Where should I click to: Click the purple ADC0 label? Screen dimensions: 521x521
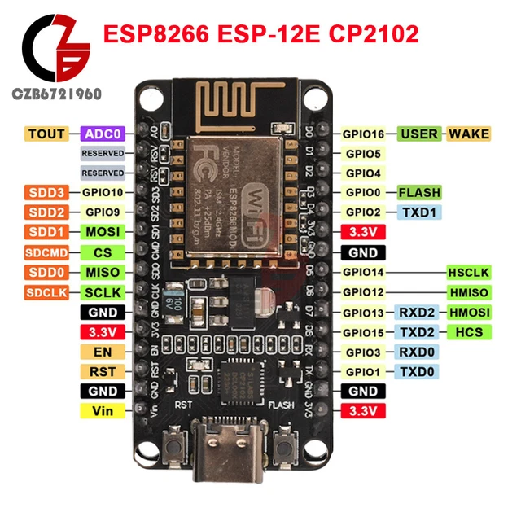pos(103,134)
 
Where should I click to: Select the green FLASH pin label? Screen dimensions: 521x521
pos(419,193)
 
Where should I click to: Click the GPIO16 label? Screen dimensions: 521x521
pos(364,134)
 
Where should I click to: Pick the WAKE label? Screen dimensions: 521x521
pos(470,134)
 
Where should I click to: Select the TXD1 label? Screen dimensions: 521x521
pos(419,212)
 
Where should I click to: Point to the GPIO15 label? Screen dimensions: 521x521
pos(364,332)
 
